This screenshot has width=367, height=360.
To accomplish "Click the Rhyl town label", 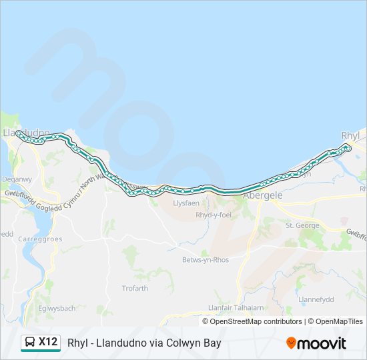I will coord(350,135).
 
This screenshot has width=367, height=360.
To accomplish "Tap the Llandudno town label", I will coord(26,133).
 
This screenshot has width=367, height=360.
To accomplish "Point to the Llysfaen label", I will coord(186,203).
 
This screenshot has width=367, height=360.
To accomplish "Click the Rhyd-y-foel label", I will coord(212,215).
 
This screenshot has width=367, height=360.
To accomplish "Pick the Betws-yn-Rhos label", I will coord(205,259).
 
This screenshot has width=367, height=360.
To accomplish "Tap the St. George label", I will coord(302,225).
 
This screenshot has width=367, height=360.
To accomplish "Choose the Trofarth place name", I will coord(135,288).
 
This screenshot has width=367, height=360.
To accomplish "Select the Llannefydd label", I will coord(316,300).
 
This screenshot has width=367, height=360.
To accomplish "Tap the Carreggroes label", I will coord(41,239).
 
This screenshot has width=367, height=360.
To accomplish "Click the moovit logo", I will coord(316,343).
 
